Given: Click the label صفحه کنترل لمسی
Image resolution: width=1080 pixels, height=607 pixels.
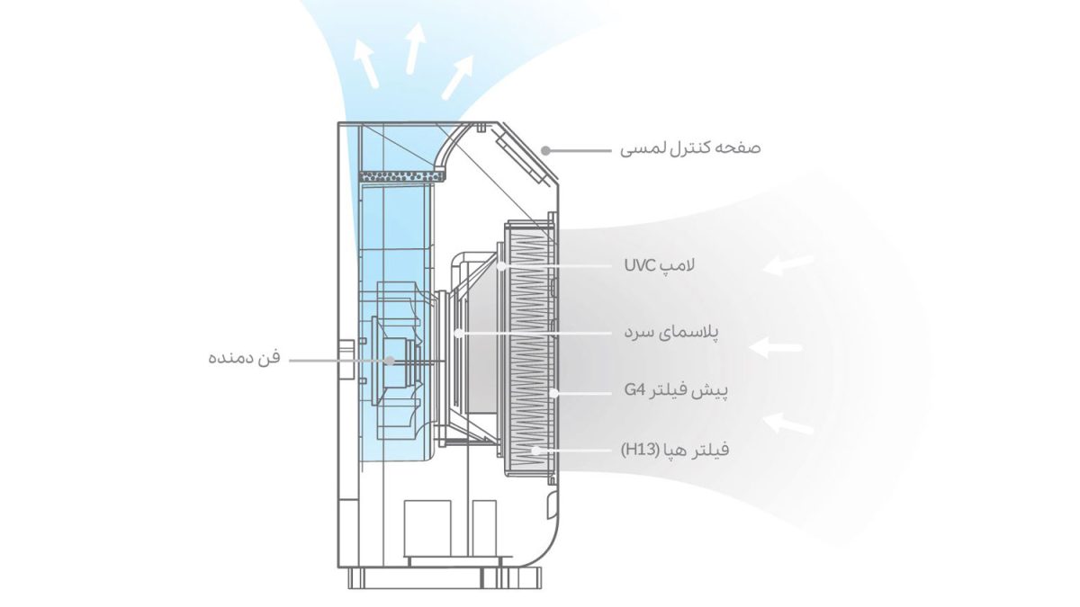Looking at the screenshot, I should (690, 147).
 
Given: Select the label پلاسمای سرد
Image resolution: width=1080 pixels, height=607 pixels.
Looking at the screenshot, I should (672, 332).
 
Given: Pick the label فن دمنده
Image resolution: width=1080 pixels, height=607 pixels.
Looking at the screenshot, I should (245, 358).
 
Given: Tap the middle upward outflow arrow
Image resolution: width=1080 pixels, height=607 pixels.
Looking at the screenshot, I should (414, 49).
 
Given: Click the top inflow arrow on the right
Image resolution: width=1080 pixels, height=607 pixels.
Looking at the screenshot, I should (788, 264).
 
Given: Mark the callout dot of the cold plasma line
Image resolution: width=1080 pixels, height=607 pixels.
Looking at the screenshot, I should (459, 333).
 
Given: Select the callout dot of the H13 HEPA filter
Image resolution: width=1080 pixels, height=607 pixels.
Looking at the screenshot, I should (536, 449).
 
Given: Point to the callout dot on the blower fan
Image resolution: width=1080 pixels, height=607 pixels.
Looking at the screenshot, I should (390, 359).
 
